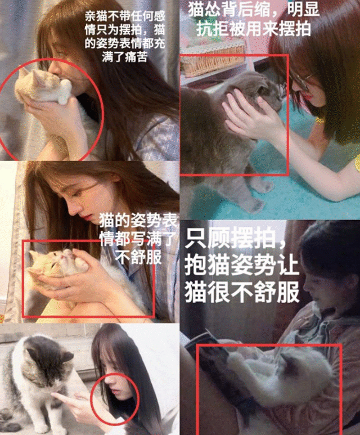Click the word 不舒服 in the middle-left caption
[x=138, y=258]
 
